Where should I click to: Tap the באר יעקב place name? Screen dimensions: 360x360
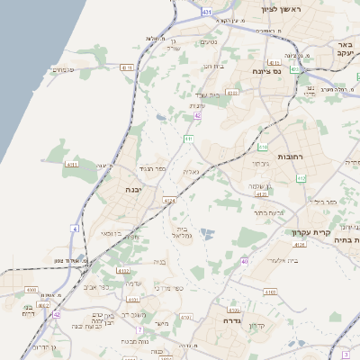[x=343, y=49]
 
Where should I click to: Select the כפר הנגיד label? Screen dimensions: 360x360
[x=153, y=168]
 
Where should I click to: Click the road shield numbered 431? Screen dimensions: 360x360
[x=208, y=12]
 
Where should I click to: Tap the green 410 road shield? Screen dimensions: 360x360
[x=263, y=146]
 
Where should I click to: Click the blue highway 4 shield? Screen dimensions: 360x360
[x=74, y=229]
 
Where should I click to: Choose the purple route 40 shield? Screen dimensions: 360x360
[x=245, y=261]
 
